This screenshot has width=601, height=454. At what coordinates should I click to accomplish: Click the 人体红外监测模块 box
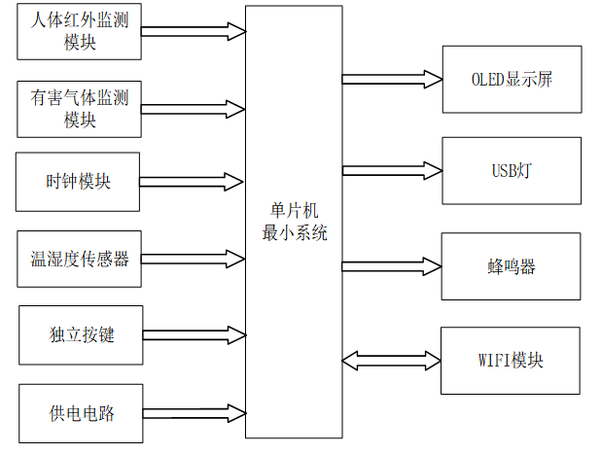79,32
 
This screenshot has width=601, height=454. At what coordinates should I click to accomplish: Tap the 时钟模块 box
79,181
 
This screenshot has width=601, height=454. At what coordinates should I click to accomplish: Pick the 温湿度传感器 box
79,259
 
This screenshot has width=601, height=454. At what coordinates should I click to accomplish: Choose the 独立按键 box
81,334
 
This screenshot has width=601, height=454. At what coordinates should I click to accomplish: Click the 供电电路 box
81,412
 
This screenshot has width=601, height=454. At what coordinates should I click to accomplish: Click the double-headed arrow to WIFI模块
391,361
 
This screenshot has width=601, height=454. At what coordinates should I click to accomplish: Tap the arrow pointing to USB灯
391,170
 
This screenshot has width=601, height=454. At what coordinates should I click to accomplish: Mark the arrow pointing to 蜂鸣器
391,265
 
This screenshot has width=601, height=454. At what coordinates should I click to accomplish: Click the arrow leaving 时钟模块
193,181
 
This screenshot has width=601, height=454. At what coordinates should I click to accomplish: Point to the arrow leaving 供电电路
193,412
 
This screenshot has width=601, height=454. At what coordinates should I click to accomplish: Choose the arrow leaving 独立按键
193,334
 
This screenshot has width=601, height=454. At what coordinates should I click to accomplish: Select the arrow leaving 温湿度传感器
193,259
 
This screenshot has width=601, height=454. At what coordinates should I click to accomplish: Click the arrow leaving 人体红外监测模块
193,32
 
